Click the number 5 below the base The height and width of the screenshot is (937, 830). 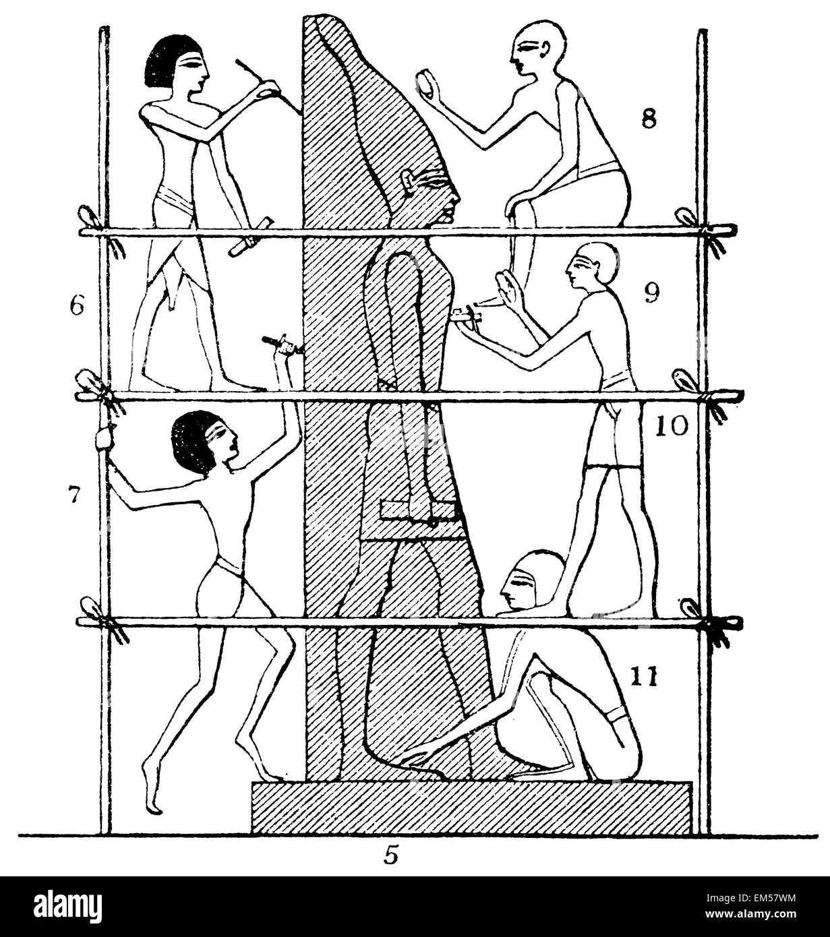point(390,855)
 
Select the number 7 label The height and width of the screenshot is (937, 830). point(74,495)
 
